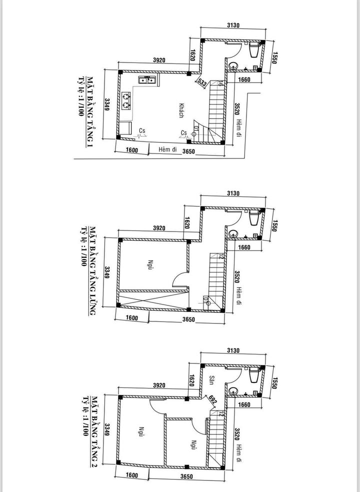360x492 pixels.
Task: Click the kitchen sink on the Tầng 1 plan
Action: [147, 79]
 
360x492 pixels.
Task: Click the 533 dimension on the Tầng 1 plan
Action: [201, 83]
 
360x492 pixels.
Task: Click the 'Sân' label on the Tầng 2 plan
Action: [211, 379]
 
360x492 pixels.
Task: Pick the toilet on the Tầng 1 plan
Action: [254, 50]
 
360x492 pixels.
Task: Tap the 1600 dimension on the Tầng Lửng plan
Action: [132, 318]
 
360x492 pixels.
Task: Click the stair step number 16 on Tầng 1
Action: [221, 84]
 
